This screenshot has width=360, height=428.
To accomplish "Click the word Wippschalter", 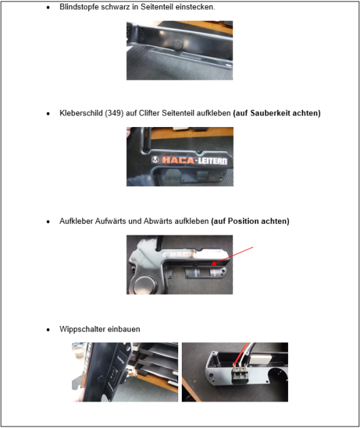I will click(x=85, y=330).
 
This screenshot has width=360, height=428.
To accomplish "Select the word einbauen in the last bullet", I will click(x=125, y=330).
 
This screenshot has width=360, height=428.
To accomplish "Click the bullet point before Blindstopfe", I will click(x=48, y=6).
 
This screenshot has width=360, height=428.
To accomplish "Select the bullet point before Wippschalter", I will click(x=48, y=330).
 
